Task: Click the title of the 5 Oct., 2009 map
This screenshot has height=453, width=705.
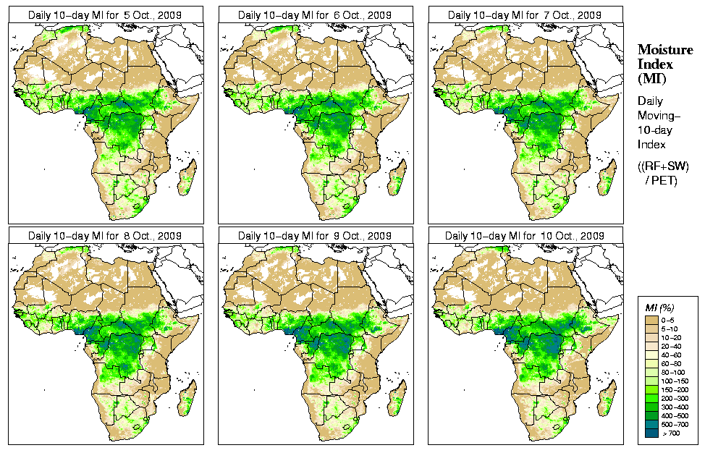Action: click(x=105, y=14)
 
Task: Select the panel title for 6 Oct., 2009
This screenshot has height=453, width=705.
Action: click(x=315, y=14)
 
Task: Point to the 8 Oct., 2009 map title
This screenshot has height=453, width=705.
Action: click(x=105, y=236)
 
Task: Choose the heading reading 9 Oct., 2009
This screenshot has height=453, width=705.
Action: click(x=315, y=236)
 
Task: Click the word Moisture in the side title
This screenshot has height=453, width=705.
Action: click(x=663, y=49)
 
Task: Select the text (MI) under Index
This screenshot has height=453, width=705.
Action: click(x=651, y=78)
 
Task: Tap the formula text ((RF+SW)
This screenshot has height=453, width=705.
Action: click(x=663, y=166)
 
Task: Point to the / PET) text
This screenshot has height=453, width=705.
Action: click(x=661, y=180)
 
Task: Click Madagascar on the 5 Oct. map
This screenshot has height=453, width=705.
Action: click(x=187, y=178)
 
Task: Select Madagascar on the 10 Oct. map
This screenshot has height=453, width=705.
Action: click(x=607, y=399)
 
